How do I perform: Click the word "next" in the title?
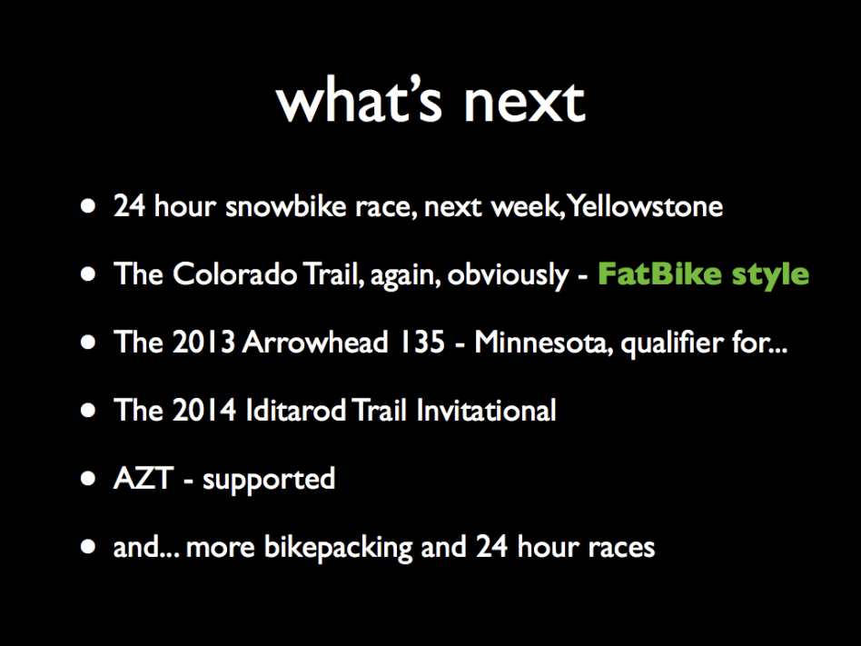[525, 103]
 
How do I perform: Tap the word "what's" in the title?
[359, 99]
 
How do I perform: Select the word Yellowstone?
[645, 206]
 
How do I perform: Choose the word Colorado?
[235, 273]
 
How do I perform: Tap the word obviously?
[508, 274]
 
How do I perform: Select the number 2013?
[203, 342]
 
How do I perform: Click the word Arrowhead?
[315, 342]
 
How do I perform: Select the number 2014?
[204, 410]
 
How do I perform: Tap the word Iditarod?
[295, 410]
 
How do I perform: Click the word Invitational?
[486, 411]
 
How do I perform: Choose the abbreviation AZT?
[143, 478]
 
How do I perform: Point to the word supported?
[269, 480]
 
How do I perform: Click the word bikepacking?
[338, 548]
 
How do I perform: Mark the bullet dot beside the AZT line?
[88, 479]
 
